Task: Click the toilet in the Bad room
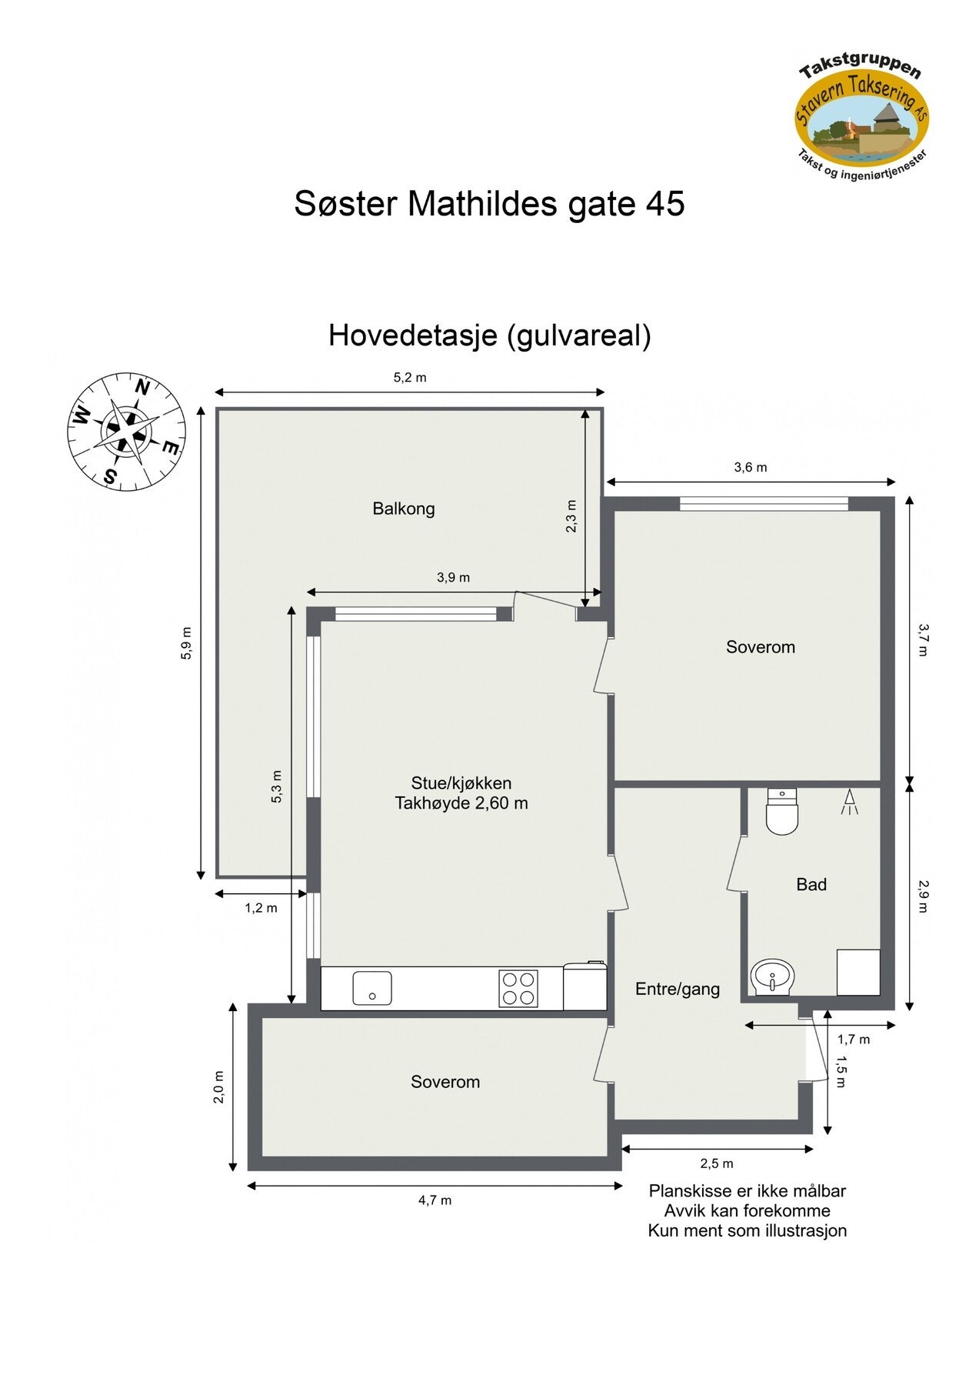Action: [x=783, y=813]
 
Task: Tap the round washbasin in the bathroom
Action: [x=772, y=977]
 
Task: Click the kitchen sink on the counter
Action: [x=372, y=988]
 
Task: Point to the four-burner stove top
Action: [x=518, y=988]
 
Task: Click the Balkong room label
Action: [x=404, y=509]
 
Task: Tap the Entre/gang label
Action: [x=678, y=990]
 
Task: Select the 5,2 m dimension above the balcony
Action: [x=410, y=378]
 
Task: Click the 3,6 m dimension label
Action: [x=751, y=467]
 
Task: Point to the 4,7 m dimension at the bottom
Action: [x=435, y=1200]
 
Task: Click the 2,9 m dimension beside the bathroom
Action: [x=923, y=896]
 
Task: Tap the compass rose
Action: [x=126, y=432]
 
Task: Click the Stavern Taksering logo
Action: [x=861, y=115]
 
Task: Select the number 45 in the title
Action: [x=665, y=204]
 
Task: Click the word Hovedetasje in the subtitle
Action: [x=412, y=335]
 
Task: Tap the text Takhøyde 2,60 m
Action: [x=461, y=803]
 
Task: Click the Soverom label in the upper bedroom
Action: [x=760, y=647]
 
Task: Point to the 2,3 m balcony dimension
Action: [x=571, y=516]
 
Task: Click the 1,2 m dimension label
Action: [x=261, y=908]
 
